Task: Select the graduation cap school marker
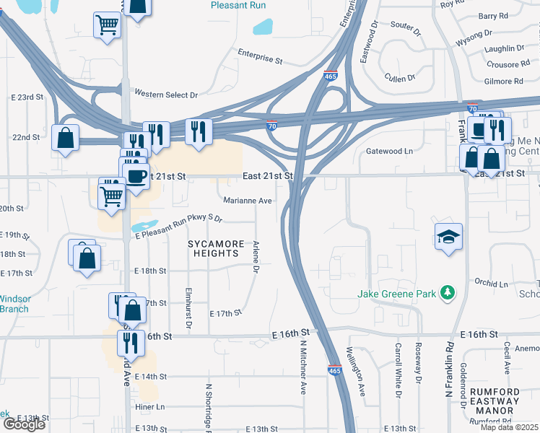(448, 236)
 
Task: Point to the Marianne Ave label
(248, 201)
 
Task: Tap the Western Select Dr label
(165, 95)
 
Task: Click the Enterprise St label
(260, 58)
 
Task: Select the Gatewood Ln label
(390, 151)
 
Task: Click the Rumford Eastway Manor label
(495, 401)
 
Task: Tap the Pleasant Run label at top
(238, 5)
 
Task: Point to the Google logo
(25, 424)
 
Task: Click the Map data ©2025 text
(508, 427)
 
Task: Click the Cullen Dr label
(400, 78)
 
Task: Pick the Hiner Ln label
(150, 407)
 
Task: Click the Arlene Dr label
(256, 258)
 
